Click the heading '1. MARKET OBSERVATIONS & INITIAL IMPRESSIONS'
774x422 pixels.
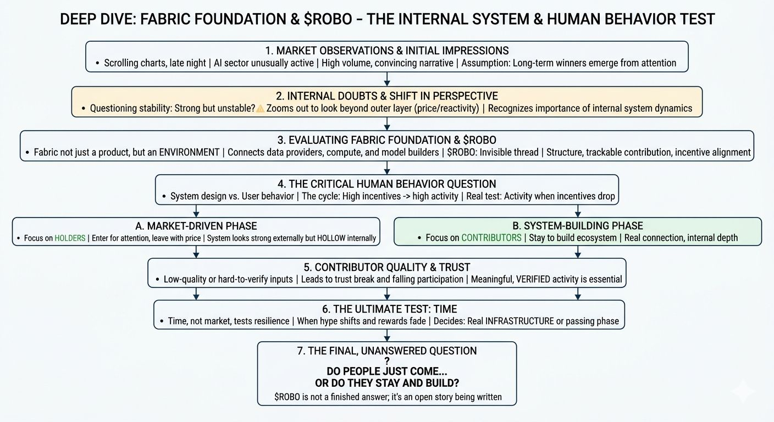(x=386, y=51)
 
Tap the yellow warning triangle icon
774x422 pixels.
(x=260, y=108)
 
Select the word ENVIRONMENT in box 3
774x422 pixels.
(x=189, y=152)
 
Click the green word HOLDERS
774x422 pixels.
(x=70, y=238)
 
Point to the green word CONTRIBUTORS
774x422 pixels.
(x=491, y=238)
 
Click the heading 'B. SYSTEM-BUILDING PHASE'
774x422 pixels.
(x=577, y=226)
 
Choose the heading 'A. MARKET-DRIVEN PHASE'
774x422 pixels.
(x=196, y=226)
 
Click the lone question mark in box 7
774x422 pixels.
(x=387, y=361)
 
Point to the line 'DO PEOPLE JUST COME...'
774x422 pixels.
(x=387, y=371)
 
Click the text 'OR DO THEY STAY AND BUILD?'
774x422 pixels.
(x=387, y=383)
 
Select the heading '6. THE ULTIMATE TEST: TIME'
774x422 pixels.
(x=389, y=309)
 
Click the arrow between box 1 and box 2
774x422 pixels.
(x=387, y=79)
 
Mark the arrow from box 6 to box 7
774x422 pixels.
(x=387, y=335)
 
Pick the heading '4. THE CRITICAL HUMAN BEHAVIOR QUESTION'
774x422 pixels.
(x=386, y=184)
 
